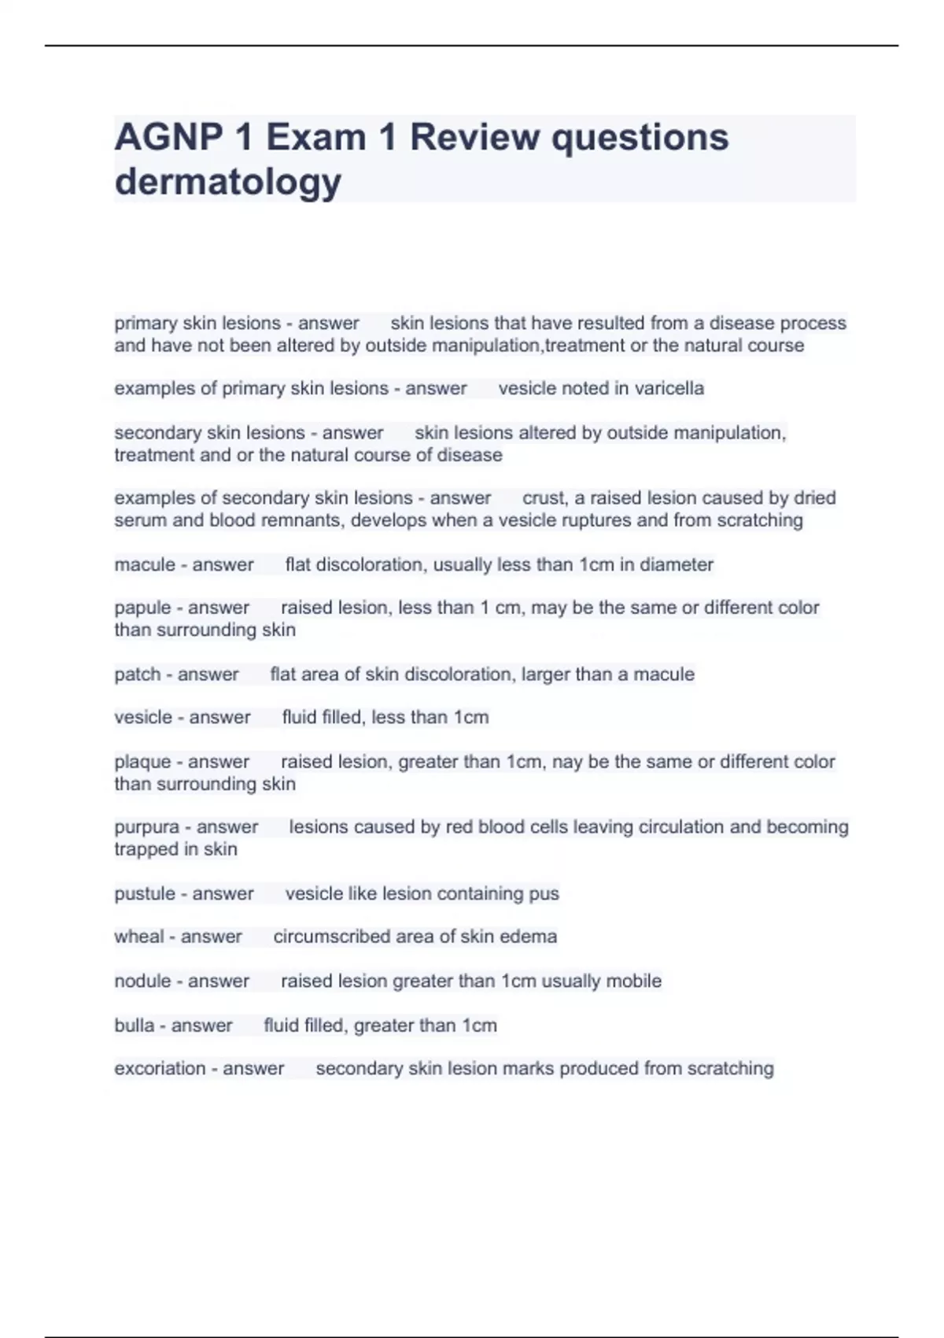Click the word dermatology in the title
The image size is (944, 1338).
[x=227, y=182]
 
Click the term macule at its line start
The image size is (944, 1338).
[x=145, y=564]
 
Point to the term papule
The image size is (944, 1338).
[x=142, y=608]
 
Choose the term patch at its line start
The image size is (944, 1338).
[x=137, y=674]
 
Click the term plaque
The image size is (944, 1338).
[x=142, y=761]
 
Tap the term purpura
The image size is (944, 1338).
[x=146, y=827]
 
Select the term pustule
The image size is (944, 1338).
[x=145, y=893]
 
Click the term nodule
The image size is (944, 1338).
[x=142, y=981]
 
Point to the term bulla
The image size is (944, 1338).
[x=134, y=1025]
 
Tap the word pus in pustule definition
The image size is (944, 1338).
[x=544, y=894]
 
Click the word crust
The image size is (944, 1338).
[x=544, y=498]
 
